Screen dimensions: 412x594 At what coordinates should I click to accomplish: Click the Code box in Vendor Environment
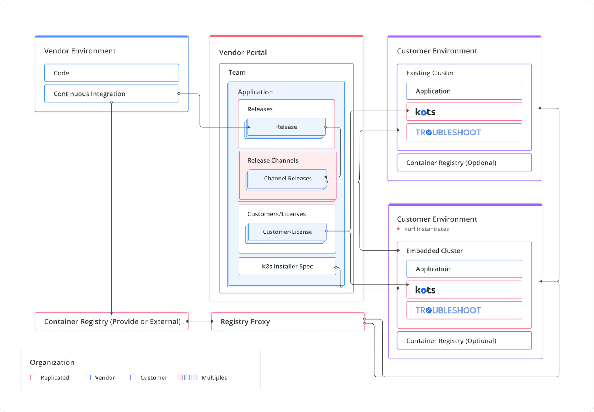(x=111, y=73)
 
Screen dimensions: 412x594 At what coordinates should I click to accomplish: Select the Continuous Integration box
(x=111, y=94)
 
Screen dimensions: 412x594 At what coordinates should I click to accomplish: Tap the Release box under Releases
(x=286, y=127)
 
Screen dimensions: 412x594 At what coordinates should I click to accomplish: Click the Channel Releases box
(x=288, y=178)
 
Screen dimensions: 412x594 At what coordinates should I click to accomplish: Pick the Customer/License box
(x=287, y=232)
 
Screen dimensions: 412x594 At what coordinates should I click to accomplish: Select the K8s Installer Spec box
(x=287, y=266)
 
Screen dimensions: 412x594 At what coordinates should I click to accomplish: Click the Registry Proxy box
(x=287, y=321)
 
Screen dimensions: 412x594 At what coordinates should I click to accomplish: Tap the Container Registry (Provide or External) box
(x=111, y=321)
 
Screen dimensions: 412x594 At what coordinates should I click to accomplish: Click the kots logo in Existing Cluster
(x=425, y=112)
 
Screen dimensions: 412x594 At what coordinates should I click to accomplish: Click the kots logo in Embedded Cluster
(x=425, y=290)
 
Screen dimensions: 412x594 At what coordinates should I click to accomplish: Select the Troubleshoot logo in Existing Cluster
(x=448, y=133)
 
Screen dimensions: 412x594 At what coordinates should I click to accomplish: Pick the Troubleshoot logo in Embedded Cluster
(x=448, y=310)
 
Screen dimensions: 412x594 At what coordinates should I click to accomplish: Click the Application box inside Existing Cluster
(x=464, y=91)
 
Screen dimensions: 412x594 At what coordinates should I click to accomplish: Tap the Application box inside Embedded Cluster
(x=464, y=269)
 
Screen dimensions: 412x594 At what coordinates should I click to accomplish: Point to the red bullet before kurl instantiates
(x=398, y=229)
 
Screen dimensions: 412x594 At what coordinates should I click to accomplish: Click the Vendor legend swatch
(x=88, y=377)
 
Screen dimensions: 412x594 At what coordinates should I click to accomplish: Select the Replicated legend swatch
(x=33, y=377)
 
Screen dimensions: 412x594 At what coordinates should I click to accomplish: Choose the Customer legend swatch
(x=133, y=377)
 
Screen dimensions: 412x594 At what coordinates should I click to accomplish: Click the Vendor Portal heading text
(x=243, y=52)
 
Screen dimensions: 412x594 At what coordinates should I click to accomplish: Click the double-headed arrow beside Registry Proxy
(x=200, y=321)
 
